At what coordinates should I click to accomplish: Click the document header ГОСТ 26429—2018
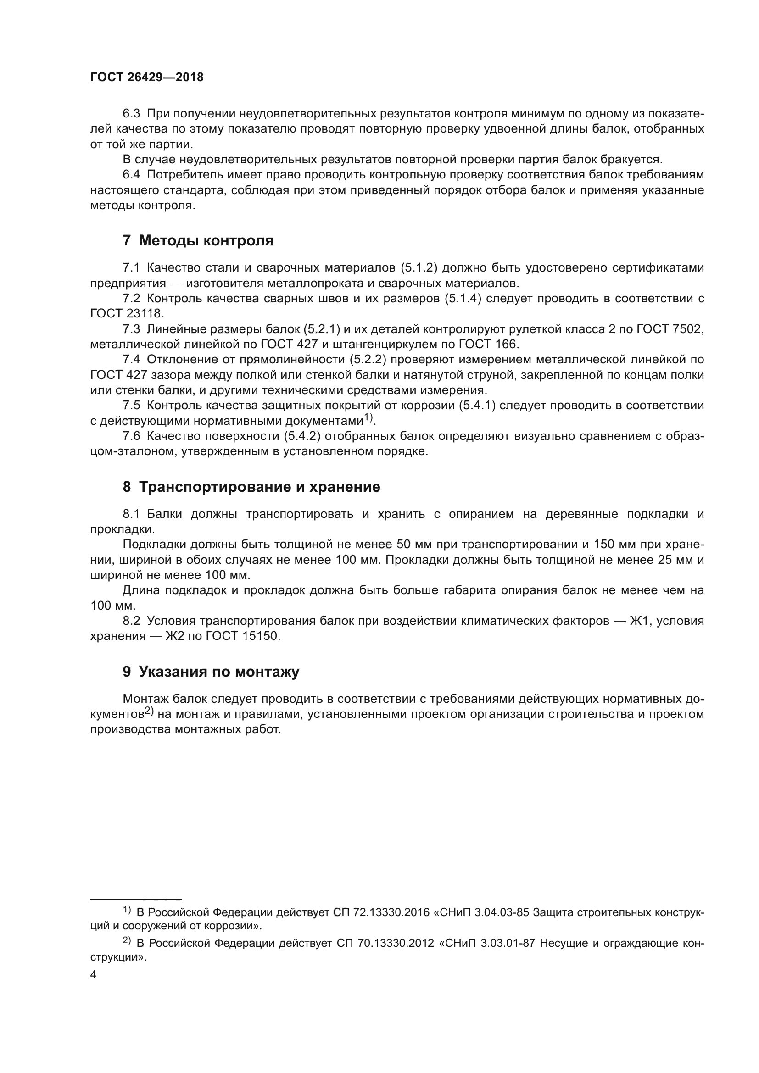point(147,78)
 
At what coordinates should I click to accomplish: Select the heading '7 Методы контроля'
point(198,241)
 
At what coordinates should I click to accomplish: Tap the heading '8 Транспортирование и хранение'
point(251,487)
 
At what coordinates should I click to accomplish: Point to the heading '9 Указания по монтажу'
point(211,672)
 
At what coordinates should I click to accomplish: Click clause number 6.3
point(131,114)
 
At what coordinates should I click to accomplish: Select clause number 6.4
point(131,175)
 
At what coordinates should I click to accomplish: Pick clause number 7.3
point(131,329)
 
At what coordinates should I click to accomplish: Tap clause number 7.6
point(131,436)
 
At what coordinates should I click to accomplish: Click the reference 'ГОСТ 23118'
point(126,314)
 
